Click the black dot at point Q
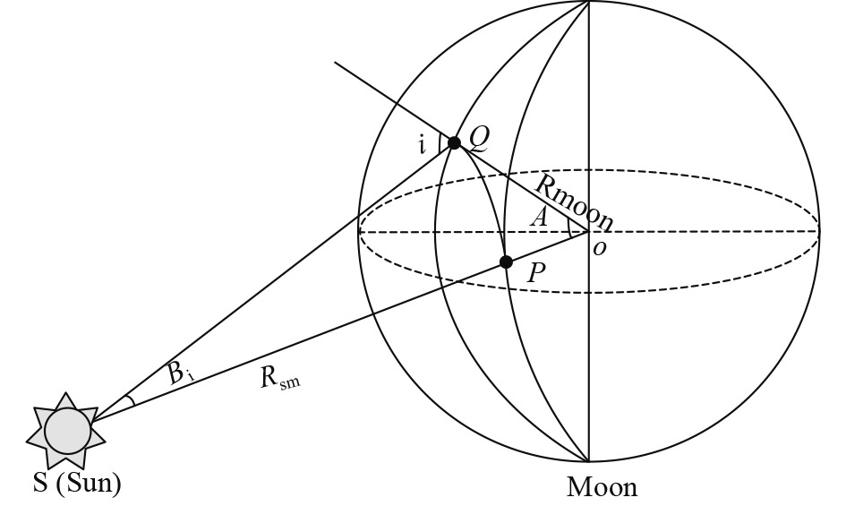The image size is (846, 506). [454, 142]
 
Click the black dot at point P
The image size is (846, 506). [506, 262]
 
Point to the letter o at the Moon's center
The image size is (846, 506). [599, 247]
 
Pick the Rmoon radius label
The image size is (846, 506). [574, 202]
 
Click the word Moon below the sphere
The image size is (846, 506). [602, 487]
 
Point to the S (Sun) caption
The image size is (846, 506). [77, 485]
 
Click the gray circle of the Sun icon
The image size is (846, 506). [69, 431]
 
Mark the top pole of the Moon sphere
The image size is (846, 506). [588, 2]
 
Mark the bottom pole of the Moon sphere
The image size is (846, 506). [588, 461]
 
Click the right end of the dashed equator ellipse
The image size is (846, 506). [818, 231]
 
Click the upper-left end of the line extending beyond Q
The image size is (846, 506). [336, 63]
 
